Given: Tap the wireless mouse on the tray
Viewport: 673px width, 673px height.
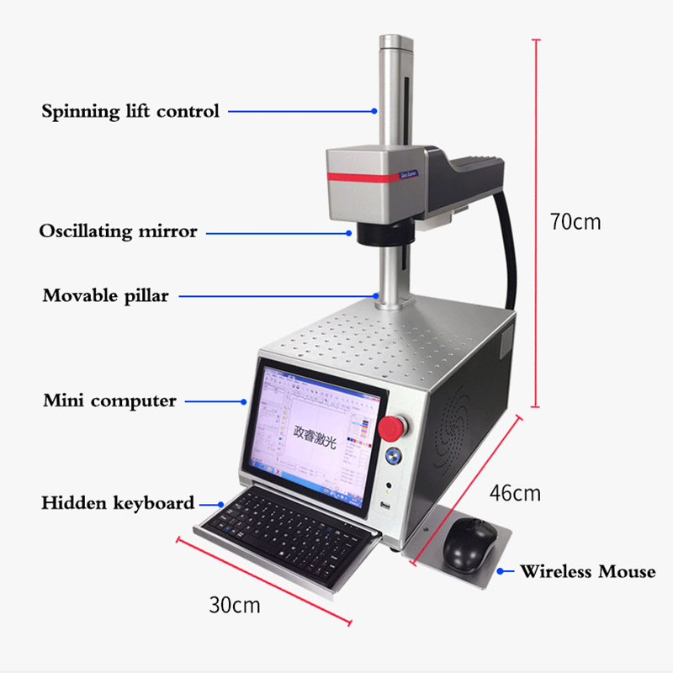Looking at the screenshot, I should (469, 543).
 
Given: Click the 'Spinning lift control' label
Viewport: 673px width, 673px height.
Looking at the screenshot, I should (130, 111).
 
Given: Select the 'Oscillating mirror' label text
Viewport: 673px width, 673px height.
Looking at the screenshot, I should (118, 231).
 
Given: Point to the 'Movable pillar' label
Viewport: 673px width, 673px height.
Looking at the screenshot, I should (106, 295).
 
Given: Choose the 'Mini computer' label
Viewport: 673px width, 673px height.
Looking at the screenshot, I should (110, 400).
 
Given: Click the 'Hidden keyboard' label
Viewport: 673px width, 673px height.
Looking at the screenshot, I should (118, 503).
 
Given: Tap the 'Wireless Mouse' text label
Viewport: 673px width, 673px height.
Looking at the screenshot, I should (587, 572).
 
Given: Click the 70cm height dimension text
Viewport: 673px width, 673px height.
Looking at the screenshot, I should (575, 222).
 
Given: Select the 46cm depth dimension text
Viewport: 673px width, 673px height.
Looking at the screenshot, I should (515, 493).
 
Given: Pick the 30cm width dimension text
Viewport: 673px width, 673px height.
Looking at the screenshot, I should (235, 604).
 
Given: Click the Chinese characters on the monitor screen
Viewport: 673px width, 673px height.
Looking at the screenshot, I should (315, 437).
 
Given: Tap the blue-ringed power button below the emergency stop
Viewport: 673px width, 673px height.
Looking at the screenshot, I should (391, 456).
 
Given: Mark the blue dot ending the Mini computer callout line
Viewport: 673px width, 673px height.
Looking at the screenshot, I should (249, 400).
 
